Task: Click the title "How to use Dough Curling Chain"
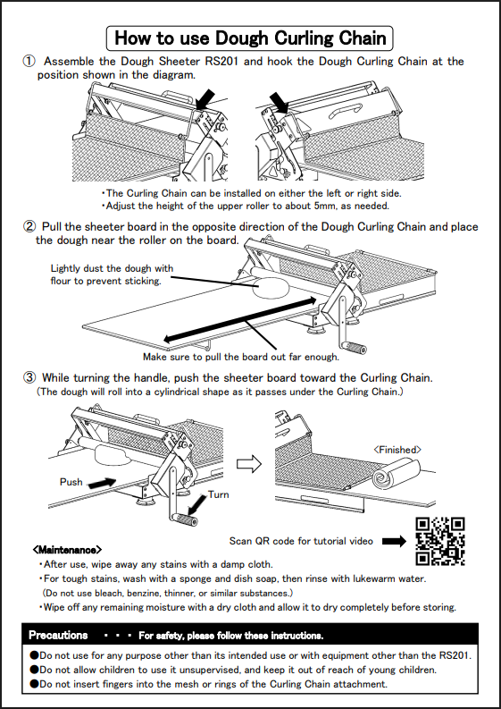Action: tap(250, 38)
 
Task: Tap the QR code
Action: tap(440, 541)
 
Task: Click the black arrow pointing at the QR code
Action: tap(394, 541)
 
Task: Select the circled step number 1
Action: tap(29, 61)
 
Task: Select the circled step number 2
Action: tap(29, 226)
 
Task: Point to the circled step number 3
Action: tap(29, 377)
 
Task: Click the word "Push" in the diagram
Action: tap(71, 482)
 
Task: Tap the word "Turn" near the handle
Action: tap(218, 494)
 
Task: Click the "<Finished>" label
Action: tap(397, 450)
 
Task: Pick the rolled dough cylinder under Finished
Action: tap(396, 473)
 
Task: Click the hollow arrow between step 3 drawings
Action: tap(249, 464)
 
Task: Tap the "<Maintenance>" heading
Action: tap(67, 550)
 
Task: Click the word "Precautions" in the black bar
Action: tap(58, 636)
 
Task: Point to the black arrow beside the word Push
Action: tap(102, 483)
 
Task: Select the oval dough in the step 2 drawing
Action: tap(271, 289)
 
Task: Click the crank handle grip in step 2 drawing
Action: tap(355, 349)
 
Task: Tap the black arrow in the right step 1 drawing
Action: tap(280, 102)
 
